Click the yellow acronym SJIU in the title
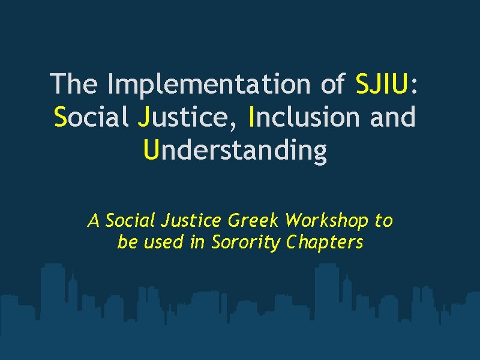click(382, 83)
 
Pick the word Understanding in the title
click(236, 150)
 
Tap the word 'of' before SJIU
click(332, 83)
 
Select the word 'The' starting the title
click(73, 83)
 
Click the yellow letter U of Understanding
click(151, 150)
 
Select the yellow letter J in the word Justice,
click(143, 117)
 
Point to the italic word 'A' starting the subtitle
click(94, 221)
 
